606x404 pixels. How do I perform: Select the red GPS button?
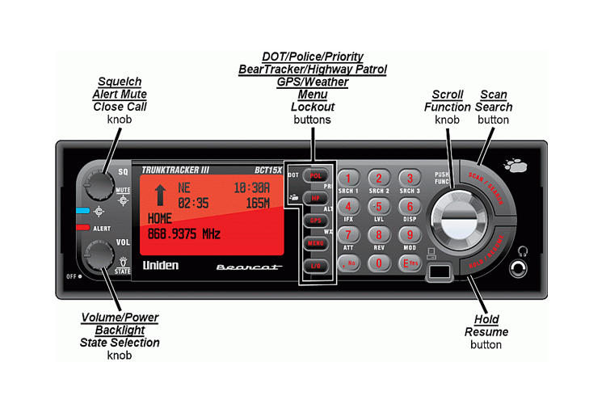(314, 221)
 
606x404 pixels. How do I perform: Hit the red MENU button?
(314, 242)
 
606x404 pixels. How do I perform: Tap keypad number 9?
(410, 235)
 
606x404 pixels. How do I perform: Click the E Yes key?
(410, 263)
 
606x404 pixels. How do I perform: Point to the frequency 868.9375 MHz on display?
(183, 234)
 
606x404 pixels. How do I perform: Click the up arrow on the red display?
(159, 195)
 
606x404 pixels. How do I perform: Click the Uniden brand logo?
(160, 265)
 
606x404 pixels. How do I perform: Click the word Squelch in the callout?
(119, 82)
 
